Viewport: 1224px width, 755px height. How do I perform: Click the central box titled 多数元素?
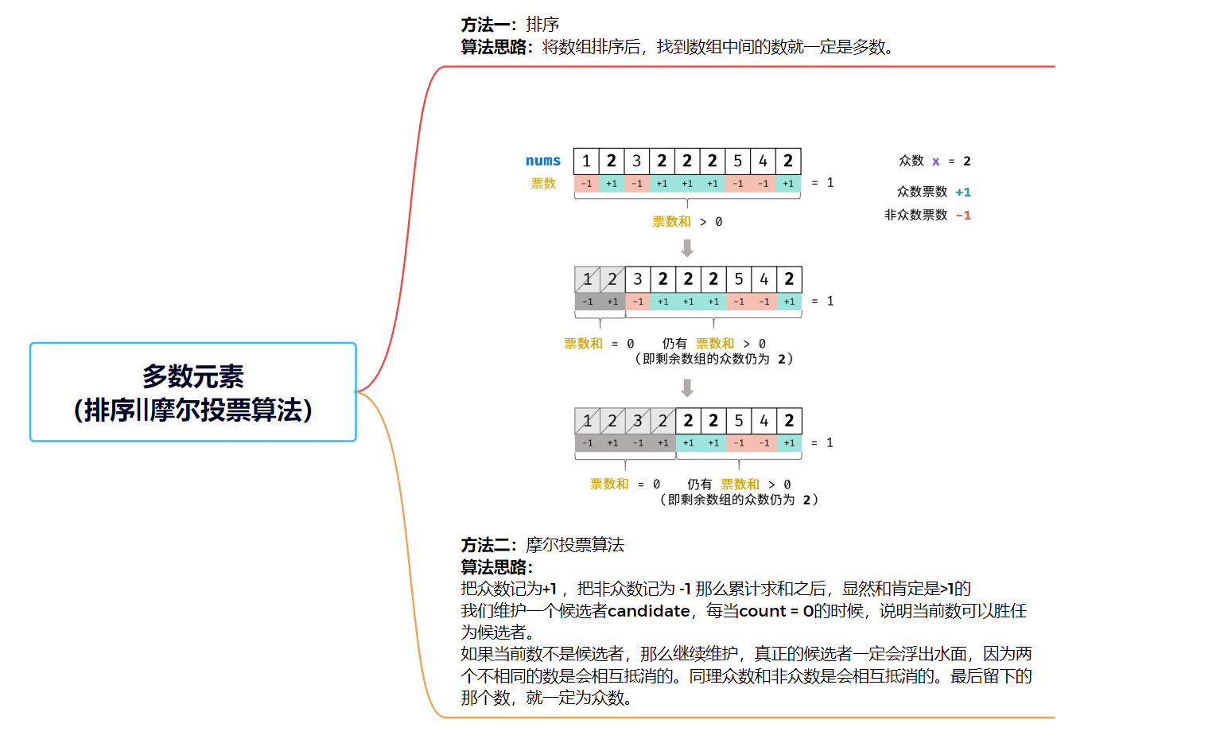(192, 392)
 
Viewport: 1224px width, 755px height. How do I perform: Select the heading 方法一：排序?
(510, 25)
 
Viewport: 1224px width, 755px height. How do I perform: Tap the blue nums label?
(542, 161)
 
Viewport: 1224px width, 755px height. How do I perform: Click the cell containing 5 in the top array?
(737, 161)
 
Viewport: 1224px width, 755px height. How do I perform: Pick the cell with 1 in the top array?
(586, 161)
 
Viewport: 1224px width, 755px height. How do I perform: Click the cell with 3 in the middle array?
(637, 279)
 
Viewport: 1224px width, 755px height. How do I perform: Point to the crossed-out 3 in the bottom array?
(637, 421)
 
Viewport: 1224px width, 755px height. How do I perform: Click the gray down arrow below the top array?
(687, 248)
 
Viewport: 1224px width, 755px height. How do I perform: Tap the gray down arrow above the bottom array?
(687, 387)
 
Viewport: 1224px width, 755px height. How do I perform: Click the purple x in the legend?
(936, 162)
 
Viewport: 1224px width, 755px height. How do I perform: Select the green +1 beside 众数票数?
(963, 192)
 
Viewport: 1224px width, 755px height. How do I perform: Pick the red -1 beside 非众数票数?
(963, 216)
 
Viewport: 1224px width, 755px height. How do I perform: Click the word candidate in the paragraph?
(648, 611)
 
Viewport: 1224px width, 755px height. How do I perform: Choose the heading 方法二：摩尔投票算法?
(542, 545)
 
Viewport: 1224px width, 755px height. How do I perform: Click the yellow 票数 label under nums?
(543, 184)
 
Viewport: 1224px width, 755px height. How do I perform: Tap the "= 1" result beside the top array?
(822, 183)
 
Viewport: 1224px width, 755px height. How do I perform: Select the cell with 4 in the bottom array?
(764, 421)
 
